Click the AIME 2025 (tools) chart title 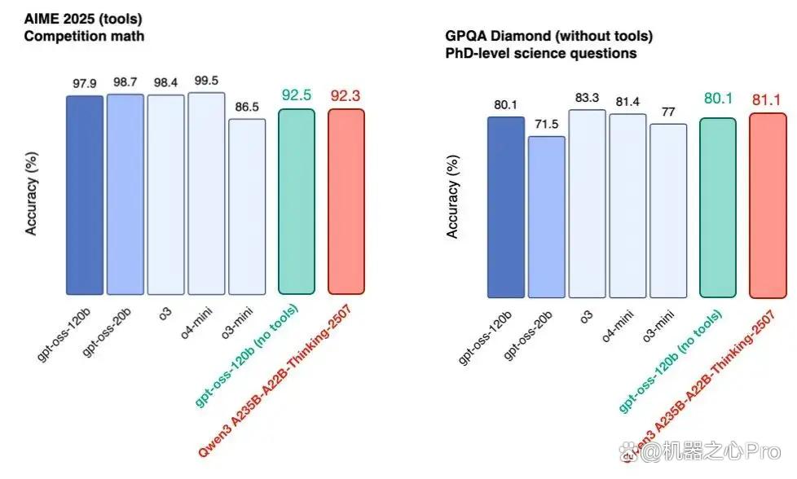click(x=83, y=20)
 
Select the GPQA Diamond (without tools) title click(x=549, y=36)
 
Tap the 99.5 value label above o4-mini click(x=206, y=81)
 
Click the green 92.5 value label click(x=297, y=95)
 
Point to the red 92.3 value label click(x=346, y=95)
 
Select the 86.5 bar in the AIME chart click(x=247, y=207)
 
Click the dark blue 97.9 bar click(x=85, y=195)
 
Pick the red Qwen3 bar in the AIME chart click(x=346, y=202)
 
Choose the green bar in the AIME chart click(x=297, y=202)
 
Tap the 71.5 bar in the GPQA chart click(x=547, y=217)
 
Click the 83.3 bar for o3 click(x=587, y=204)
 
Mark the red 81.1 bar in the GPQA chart click(x=768, y=206)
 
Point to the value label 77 click(x=668, y=112)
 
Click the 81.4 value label click(x=627, y=102)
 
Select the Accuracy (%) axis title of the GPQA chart click(x=452, y=196)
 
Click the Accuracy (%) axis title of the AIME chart click(x=31, y=193)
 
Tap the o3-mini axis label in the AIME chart click(x=237, y=323)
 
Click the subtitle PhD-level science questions click(x=541, y=53)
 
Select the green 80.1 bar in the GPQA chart click(x=718, y=208)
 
